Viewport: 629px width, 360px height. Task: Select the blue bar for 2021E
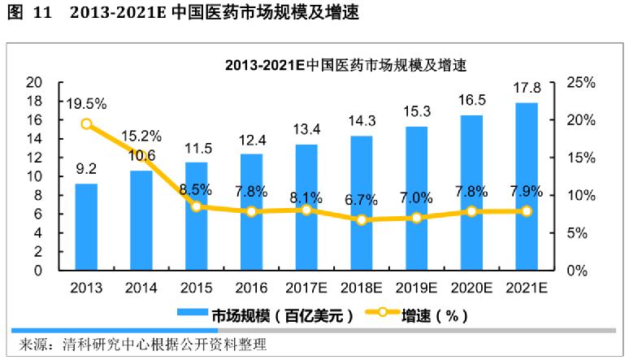(x=527, y=187)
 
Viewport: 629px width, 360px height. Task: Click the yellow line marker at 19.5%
(x=86, y=124)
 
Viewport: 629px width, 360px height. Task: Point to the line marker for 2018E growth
(x=362, y=220)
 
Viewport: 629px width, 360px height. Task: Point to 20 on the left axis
(x=33, y=82)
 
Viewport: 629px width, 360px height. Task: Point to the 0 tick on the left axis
(x=37, y=271)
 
